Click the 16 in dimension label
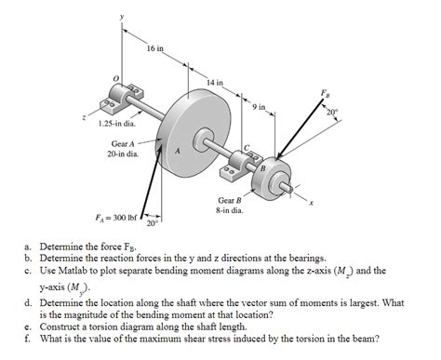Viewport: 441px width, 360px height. pos(155,47)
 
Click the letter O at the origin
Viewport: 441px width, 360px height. pos(115,77)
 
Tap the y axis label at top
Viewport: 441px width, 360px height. pos(121,16)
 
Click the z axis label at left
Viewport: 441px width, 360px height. pos(86,118)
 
